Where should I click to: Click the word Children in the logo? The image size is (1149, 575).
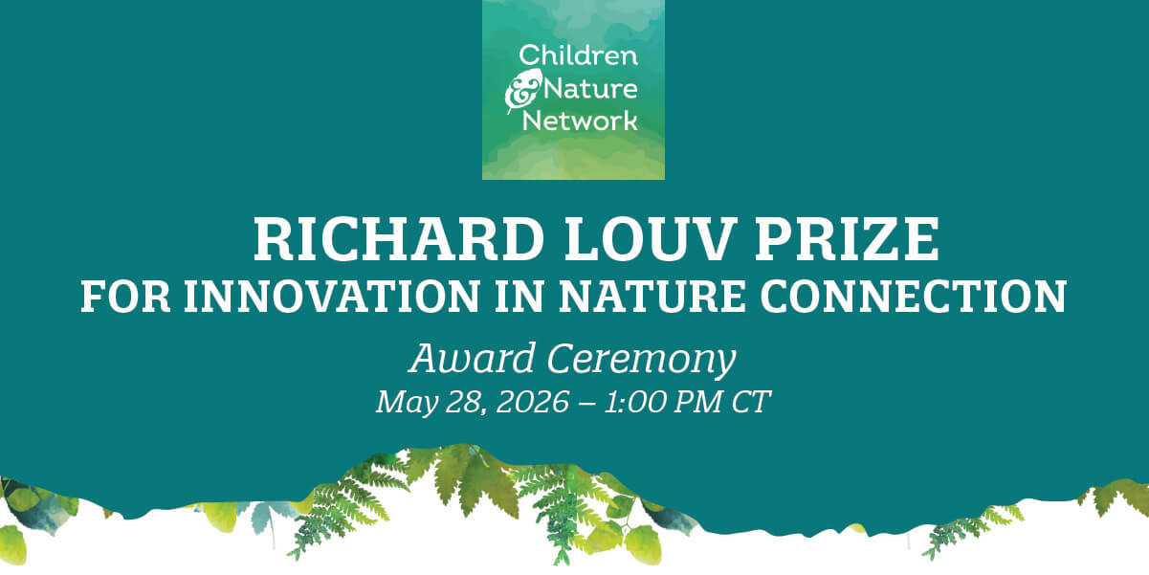pyautogui.click(x=577, y=55)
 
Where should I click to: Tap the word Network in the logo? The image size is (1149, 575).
pyautogui.click(x=579, y=121)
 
